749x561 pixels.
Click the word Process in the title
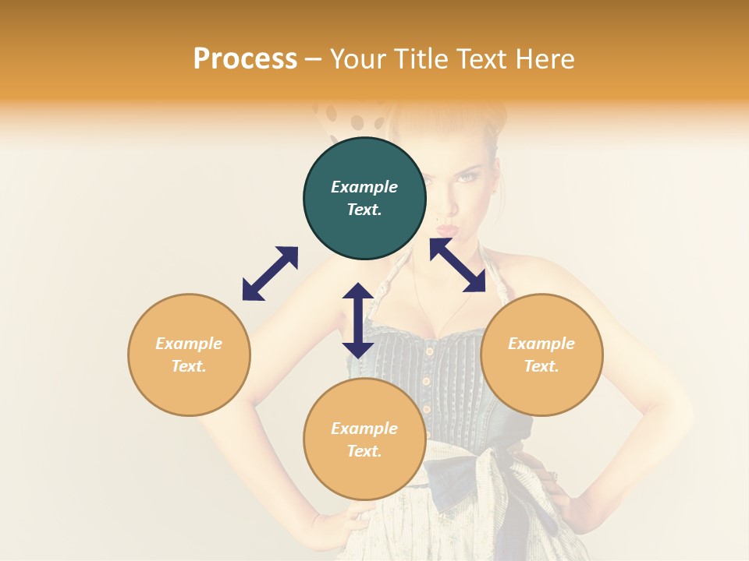(x=245, y=59)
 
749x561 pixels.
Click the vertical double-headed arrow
(x=358, y=320)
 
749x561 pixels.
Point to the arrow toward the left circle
(x=270, y=273)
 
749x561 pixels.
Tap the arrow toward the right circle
(x=458, y=265)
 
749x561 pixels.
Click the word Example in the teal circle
(x=364, y=187)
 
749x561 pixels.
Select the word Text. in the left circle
(x=189, y=366)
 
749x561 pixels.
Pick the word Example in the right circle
(x=541, y=344)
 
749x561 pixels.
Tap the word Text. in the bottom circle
(x=364, y=451)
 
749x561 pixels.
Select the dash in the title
(x=313, y=60)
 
